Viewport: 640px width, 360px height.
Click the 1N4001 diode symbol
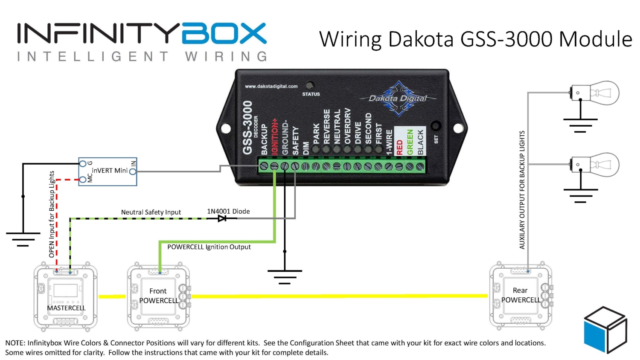pyautogui.click(x=222, y=218)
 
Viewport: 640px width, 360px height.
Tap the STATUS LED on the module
pyautogui.click(x=310, y=86)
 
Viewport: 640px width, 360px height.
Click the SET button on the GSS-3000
pyautogui.click(x=436, y=126)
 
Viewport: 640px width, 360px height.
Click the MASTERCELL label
pyautogui.click(x=66, y=308)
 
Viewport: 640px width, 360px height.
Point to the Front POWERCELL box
pyautogui.click(x=158, y=296)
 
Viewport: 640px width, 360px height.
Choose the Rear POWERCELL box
pyautogui.click(x=521, y=295)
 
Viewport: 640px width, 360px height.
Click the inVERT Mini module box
pyautogui.click(x=108, y=171)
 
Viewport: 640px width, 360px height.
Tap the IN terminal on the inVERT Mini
pyautogui.click(x=133, y=171)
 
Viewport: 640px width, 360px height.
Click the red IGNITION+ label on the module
pyautogui.click(x=274, y=136)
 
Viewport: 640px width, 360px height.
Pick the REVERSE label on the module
pyautogui.click(x=327, y=126)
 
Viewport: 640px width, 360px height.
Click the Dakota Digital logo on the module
pyautogui.click(x=398, y=99)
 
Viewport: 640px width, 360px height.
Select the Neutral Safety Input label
pyautogui.click(x=151, y=212)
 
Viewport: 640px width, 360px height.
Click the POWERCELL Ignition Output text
pyautogui.click(x=209, y=247)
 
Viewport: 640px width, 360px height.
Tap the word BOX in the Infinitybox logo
pyautogui.click(x=224, y=34)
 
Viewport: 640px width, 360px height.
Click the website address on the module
pyautogui.click(x=271, y=86)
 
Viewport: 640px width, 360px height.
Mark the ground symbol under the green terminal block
pyautogui.click(x=285, y=275)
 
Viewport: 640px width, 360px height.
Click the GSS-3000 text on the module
pyautogui.click(x=247, y=128)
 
